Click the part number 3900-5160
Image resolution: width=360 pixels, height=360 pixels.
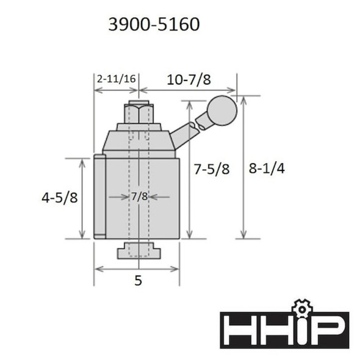[153, 24]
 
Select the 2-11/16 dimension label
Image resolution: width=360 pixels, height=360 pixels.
[116, 78]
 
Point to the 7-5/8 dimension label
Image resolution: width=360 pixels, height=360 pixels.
[212, 170]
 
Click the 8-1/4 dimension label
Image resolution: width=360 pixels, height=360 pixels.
[267, 169]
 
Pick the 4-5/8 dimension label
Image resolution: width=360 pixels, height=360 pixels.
[59, 198]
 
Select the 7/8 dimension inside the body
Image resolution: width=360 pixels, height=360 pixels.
[139, 196]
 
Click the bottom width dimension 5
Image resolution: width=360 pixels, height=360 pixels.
[137, 283]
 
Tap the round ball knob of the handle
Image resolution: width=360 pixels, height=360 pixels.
[220, 110]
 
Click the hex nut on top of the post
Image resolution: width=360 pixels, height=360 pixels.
[139, 113]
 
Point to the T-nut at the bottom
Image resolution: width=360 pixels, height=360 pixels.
[139, 250]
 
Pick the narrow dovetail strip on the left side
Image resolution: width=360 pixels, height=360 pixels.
[99, 197]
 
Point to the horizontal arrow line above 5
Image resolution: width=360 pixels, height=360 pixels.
[136, 268]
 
